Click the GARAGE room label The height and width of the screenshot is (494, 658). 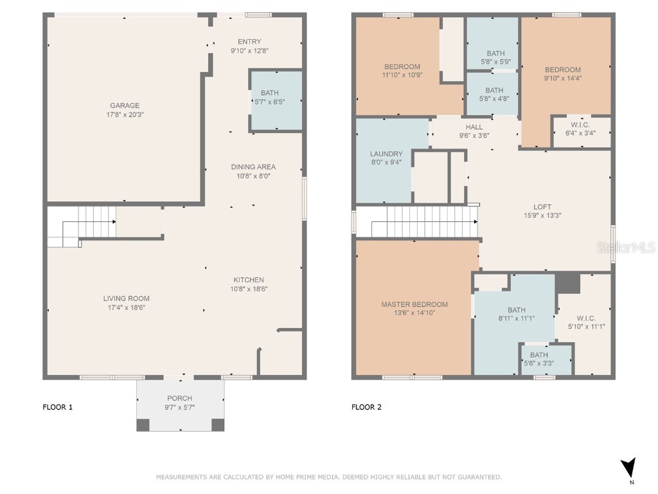point(125,105)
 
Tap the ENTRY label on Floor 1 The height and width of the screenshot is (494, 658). point(249,42)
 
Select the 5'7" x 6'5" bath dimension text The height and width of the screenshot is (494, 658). point(269,101)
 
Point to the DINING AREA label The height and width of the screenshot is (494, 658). point(253,167)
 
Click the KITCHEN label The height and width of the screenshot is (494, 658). point(249,280)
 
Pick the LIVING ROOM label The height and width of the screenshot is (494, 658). point(127,298)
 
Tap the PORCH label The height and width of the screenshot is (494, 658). point(180,398)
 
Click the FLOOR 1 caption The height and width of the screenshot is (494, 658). point(57,407)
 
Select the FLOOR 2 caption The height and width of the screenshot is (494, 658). point(366,407)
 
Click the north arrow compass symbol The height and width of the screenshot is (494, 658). point(629,467)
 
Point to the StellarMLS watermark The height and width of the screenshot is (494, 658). point(626,248)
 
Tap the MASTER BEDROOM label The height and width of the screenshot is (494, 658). point(414,304)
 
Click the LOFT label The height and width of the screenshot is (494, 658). point(542,206)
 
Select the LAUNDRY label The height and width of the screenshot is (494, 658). point(386,154)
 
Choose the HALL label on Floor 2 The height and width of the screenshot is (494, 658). point(474,127)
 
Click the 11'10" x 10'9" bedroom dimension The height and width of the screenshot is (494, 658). point(402,75)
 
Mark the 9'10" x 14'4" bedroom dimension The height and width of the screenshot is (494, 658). point(563,78)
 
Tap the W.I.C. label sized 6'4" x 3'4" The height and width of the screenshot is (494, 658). point(580,125)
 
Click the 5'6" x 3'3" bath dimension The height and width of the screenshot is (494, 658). point(539,363)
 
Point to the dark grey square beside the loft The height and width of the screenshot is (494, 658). point(567,283)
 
